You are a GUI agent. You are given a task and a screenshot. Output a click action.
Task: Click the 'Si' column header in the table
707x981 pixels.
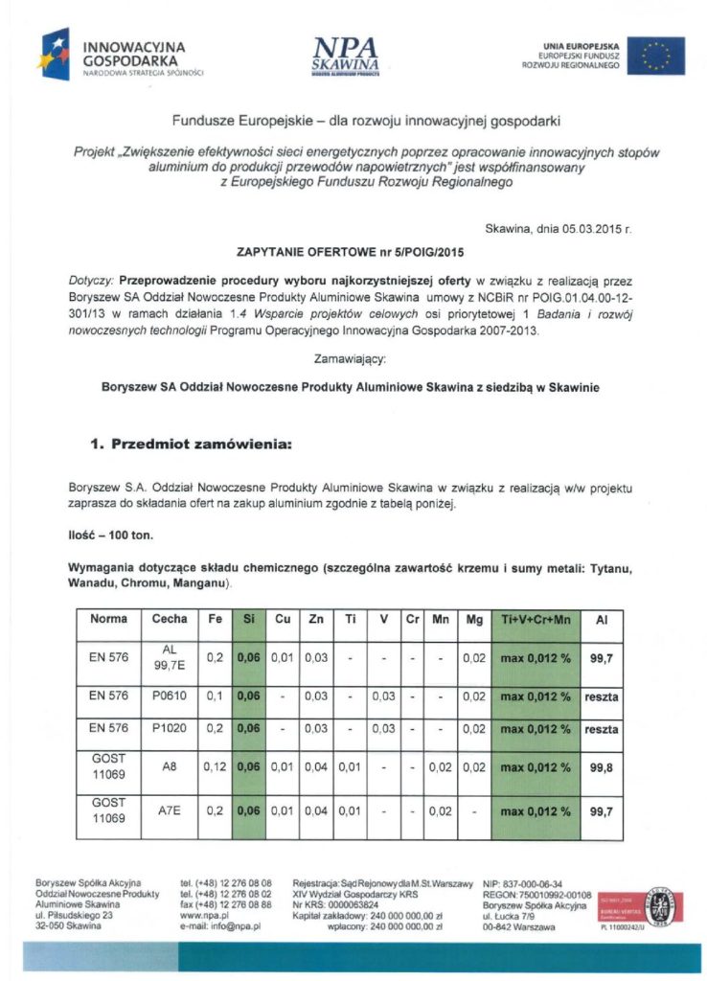pyautogui.click(x=249, y=619)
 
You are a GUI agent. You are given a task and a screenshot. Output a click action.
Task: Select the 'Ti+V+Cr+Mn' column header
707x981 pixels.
pyautogui.click(x=535, y=619)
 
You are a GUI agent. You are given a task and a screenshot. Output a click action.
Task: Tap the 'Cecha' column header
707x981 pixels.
pyautogui.click(x=170, y=619)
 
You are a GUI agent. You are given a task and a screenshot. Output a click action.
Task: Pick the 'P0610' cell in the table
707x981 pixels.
pyautogui.click(x=170, y=694)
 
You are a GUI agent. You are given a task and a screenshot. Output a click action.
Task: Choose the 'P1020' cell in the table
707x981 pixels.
pyautogui.click(x=170, y=729)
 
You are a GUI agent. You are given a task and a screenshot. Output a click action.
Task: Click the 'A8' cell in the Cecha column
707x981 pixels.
pyautogui.click(x=170, y=766)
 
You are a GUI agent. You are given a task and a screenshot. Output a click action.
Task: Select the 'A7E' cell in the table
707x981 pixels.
pyautogui.click(x=170, y=810)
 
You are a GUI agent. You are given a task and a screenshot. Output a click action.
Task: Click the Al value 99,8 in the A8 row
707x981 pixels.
pyautogui.click(x=602, y=766)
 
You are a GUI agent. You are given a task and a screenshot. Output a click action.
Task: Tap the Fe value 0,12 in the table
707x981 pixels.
pyautogui.click(x=215, y=766)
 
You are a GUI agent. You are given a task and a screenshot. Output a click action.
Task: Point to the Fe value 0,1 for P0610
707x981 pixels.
pyautogui.click(x=215, y=694)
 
